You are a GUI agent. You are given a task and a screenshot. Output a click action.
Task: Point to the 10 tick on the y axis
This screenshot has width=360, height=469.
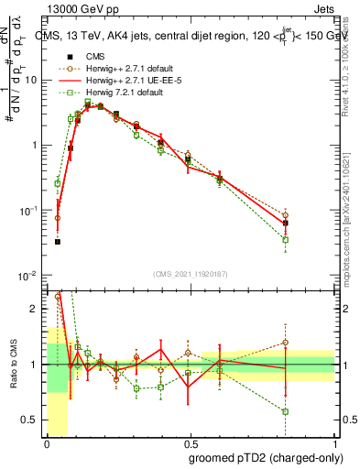pyautogui.click(x=34, y=80)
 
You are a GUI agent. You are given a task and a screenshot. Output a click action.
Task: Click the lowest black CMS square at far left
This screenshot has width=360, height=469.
pyautogui.click(x=57, y=242)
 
